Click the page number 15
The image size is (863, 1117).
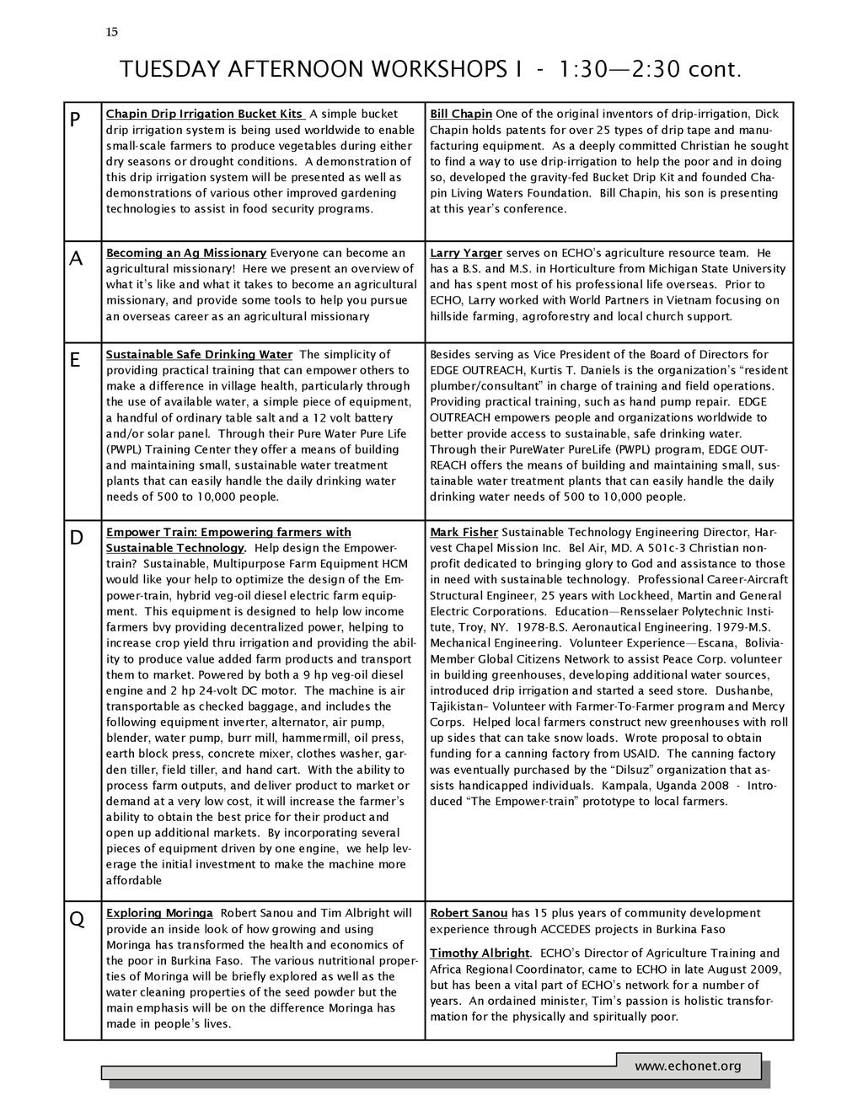click(112, 32)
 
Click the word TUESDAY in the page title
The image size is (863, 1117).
click(169, 69)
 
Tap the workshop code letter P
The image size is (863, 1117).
click(75, 121)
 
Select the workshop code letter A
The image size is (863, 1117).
click(76, 260)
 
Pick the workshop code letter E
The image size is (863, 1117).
click(75, 361)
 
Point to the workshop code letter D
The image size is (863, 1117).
click(76, 538)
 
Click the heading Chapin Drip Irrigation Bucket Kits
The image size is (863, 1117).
click(205, 114)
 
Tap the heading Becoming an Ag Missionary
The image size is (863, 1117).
click(186, 253)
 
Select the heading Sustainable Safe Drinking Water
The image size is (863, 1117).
click(199, 354)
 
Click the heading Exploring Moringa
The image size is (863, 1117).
click(159, 913)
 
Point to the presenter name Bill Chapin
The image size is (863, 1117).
click(461, 114)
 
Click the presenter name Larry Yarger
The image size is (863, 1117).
click(466, 253)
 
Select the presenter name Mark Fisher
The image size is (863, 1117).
click(464, 532)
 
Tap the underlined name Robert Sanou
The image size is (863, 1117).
click(469, 913)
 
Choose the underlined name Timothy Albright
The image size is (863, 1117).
click(480, 953)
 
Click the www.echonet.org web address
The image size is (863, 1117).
click(688, 1066)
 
